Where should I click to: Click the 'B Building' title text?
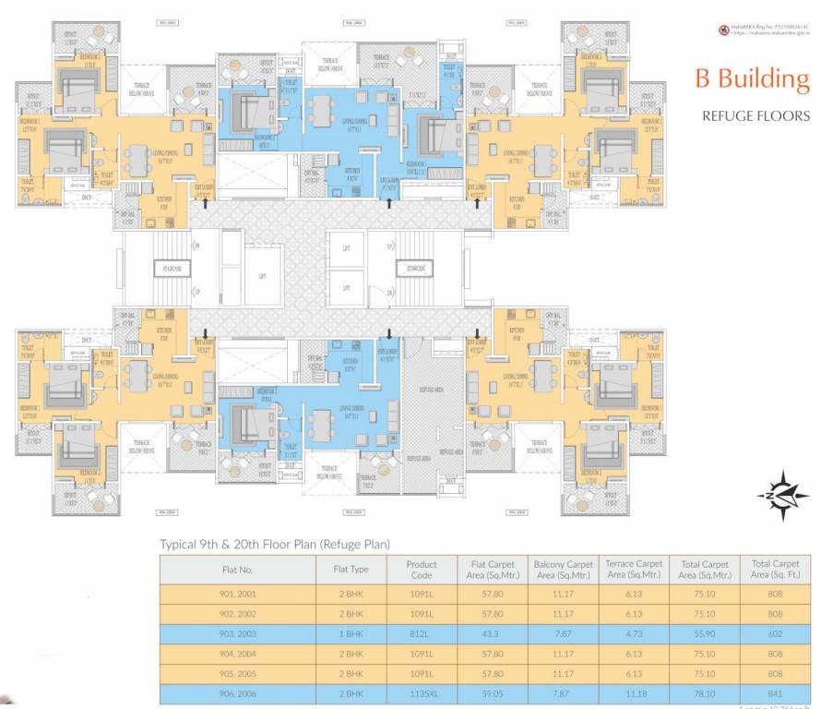(751, 79)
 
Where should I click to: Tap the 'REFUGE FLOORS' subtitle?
(756, 116)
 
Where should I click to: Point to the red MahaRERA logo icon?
(724, 30)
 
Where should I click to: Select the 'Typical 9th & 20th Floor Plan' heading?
(275, 544)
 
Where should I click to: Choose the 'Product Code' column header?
(422, 570)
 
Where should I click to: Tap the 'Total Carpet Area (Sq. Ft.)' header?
(774, 570)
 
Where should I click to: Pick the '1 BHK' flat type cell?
(351, 635)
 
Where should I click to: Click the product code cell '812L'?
(422, 635)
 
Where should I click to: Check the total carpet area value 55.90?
(704, 635)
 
